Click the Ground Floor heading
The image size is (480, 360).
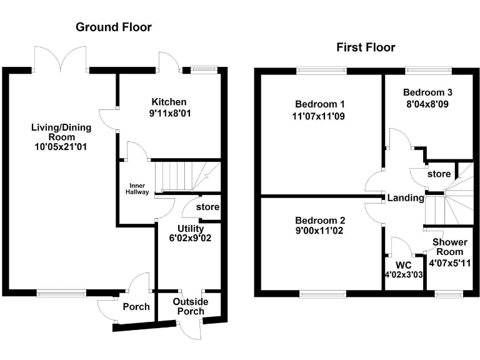113,27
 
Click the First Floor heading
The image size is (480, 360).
366,47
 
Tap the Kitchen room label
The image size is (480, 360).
169,102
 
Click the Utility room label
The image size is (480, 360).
190,229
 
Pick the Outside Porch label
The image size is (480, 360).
191,306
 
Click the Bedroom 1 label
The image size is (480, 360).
319,104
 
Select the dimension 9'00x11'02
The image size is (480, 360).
319,231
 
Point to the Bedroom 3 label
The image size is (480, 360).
427,92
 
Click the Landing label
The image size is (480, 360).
406,198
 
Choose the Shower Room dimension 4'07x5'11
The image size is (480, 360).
450,263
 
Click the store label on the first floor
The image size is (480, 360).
439,173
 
